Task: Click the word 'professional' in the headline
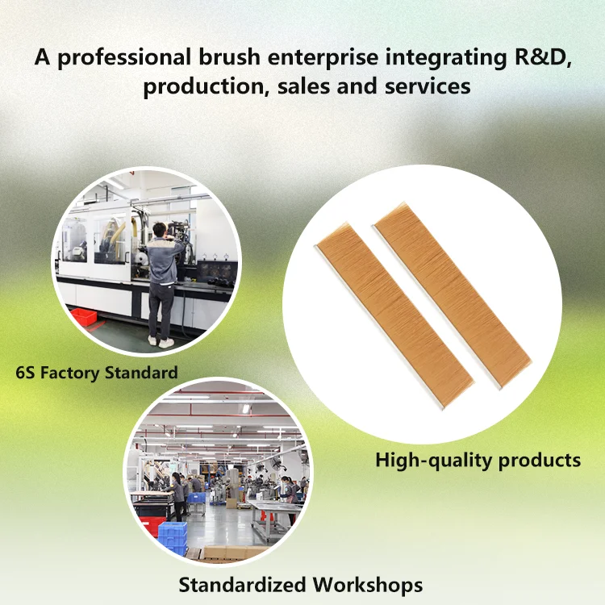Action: pos(124,57)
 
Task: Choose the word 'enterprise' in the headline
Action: pos(323,57)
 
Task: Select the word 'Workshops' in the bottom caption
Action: pos(368,585)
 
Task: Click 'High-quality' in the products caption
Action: pos(434,461)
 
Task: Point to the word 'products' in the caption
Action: pos(540,461)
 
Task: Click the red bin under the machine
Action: pos(83,317)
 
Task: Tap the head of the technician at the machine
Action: pos(160,230)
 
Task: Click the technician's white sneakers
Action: pos(161,341)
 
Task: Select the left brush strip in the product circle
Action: pos(394,315)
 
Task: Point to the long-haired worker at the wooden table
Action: pos(178,496)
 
